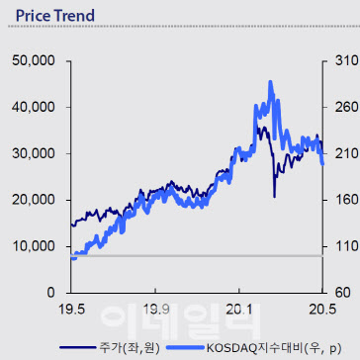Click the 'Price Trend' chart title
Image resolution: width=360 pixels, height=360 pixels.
55,16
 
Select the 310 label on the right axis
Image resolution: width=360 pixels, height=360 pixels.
345,61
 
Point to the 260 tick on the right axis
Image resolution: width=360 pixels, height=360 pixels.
345,107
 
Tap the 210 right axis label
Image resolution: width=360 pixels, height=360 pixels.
345,153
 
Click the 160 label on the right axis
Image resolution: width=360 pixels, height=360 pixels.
345,200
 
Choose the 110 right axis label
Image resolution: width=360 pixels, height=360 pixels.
345,246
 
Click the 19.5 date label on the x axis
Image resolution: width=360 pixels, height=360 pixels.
71,310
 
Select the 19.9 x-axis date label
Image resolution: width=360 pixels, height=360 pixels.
155,310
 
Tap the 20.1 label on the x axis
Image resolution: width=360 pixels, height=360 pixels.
238,310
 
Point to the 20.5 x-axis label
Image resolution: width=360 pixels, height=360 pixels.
322,310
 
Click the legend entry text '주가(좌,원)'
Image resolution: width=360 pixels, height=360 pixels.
130,347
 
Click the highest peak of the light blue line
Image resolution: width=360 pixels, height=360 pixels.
270,81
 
